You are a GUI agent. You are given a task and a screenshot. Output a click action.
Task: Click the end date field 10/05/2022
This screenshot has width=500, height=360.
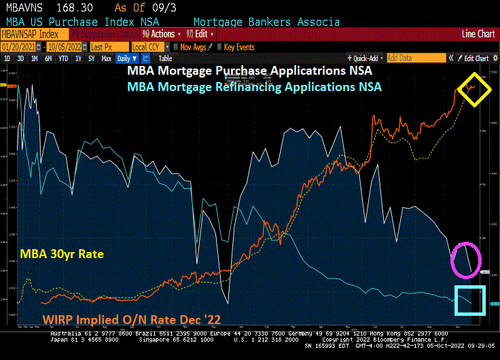pyautogui.click(x=64, y=47)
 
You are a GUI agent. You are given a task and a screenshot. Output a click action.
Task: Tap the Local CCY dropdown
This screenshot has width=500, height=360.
pyautogui.click(x=148, y=47)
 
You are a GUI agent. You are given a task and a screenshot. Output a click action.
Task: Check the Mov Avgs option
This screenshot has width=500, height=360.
pyautogui.click(x=192, y=47)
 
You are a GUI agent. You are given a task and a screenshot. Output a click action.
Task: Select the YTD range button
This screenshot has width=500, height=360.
pyautogui.click(x=63, y=58)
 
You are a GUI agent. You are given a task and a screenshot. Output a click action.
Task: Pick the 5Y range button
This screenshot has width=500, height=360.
pyautogui.click(x=91, y=58)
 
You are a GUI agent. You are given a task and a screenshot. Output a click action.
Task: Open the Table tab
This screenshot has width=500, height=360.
pyautogui.click(x=165, y=58)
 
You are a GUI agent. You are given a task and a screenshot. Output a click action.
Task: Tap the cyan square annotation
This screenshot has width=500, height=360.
pyautogui.click(x=470, y=300)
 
